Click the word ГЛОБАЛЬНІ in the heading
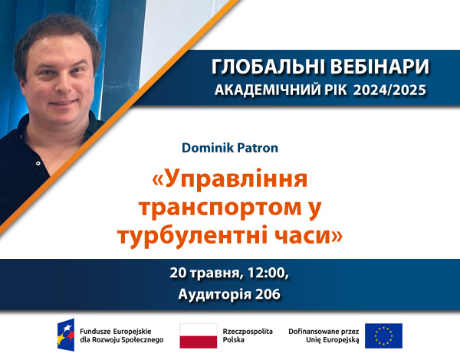268,67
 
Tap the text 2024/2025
389,90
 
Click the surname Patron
258,148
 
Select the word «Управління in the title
230,179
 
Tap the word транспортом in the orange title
220,208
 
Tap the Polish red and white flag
199,335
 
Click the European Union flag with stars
383,335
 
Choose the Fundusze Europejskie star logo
66,335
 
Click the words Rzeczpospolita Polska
248,335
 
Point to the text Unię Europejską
333,340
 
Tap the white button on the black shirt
38,163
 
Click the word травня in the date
217,273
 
